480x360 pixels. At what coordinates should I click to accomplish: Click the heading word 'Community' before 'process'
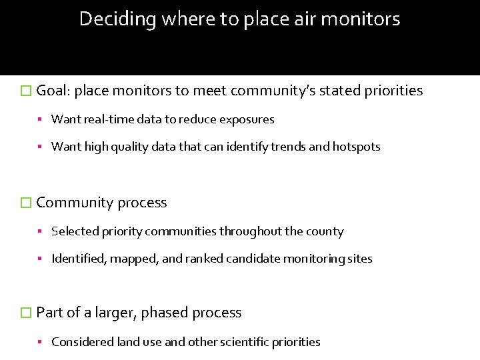tap(75, 203)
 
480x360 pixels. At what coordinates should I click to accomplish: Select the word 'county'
tap(325, 232)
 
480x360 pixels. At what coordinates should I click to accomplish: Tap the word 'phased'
tap(163, 313)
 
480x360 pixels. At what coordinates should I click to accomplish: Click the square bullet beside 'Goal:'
tap(27, 91)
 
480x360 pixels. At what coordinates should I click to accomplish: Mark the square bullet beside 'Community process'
tap(27, 203)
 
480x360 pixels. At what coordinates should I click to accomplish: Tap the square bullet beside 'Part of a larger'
tap(27, 313)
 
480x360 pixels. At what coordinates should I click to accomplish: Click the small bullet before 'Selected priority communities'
tap(41, 232)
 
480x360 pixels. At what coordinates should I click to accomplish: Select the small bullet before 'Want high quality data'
tap(41, 147)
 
